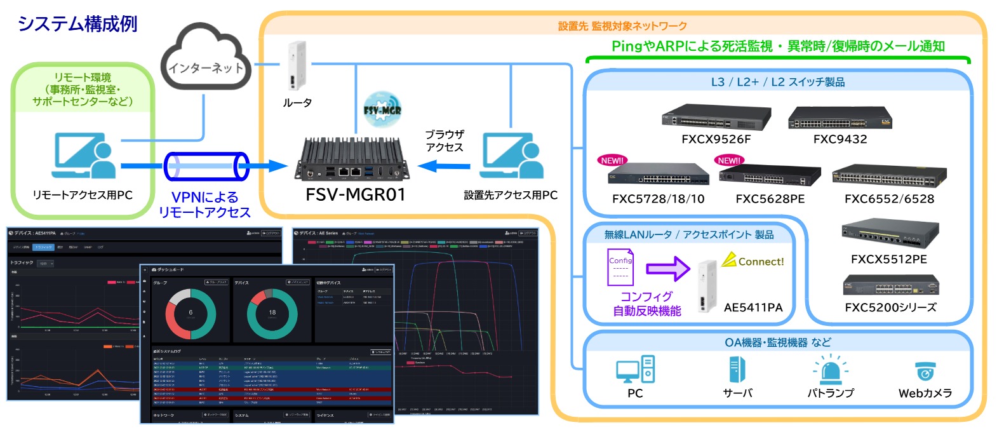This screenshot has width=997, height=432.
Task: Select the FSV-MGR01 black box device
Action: [352, 159]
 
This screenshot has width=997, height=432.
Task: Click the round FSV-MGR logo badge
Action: [382, 110]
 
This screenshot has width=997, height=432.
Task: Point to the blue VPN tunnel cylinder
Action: [206, 166]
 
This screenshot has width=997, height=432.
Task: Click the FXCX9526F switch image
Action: [716, 118]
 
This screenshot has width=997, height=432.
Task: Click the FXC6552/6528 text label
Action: [889, 199]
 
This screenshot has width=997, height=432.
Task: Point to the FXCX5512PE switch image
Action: [889, 234]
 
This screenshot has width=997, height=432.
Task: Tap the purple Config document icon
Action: [620, 267]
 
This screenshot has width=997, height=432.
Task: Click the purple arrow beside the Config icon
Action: [667, 268]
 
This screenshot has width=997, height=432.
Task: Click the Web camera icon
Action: [925, 371]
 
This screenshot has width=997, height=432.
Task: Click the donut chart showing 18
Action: [272, 314]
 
